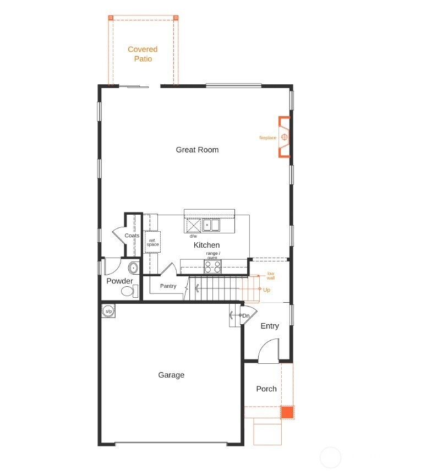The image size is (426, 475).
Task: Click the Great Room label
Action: pos(197,150)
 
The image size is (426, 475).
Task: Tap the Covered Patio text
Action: pos(143,54)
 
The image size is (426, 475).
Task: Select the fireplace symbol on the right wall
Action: pos(285,137)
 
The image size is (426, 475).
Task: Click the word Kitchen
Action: pos(206,245)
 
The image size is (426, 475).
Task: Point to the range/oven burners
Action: pos(213,267)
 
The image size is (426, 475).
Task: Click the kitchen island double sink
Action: pos(211,225)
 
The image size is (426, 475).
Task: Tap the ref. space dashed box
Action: pos(152,242)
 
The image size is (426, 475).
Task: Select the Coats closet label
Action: pos(132,236)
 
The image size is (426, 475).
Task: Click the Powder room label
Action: pos(119,281)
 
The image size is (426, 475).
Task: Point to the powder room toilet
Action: pos(128,292)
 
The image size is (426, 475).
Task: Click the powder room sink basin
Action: pos(133,268)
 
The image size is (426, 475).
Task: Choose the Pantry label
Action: pos(168,286)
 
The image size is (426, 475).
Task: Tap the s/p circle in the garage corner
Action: pos(108,312)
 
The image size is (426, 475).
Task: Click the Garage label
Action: pos(171,375)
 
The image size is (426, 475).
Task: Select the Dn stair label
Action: pos(246,316)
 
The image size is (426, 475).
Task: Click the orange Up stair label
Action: pos(266,290)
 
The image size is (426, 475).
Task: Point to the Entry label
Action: pos(270,326)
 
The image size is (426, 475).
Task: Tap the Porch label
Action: pos(266,389)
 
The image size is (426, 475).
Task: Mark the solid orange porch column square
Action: pos(287,412)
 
